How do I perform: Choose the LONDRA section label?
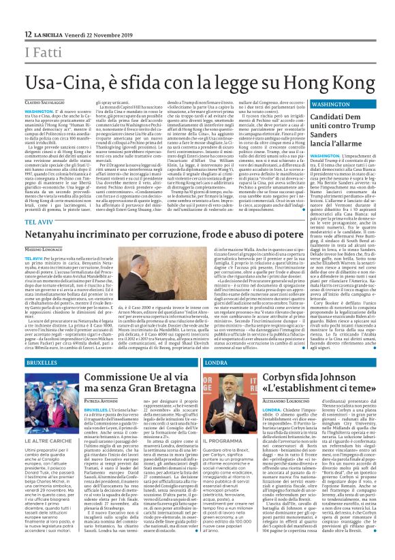click(218, 363)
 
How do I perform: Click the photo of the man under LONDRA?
click(231, 406)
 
